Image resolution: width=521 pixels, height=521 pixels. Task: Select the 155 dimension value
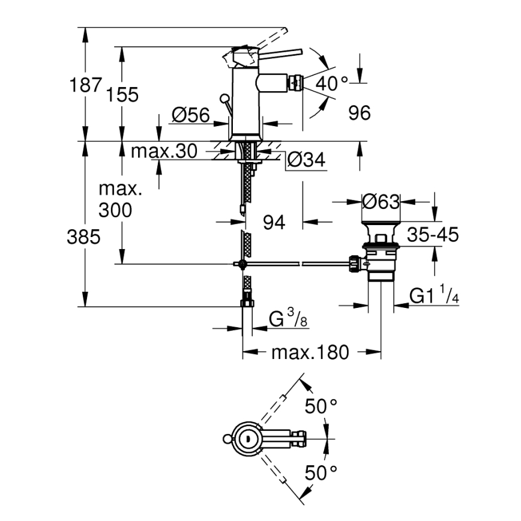coord(122,94)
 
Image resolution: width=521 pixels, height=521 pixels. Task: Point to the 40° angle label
coord(332,83)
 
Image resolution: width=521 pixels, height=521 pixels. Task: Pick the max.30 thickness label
coord(164,152)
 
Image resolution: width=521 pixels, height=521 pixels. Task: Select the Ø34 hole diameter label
coord(306,160)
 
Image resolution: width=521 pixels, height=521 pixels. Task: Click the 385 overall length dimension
coord(83,237)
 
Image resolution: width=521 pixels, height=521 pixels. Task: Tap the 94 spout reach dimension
coord(274,223)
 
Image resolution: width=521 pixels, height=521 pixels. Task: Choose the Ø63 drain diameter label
coord(381,202)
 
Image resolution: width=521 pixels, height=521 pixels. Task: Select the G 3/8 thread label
coord(288,319)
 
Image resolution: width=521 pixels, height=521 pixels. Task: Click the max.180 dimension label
coord(309,352)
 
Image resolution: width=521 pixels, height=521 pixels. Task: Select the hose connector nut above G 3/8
coord(246,303)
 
